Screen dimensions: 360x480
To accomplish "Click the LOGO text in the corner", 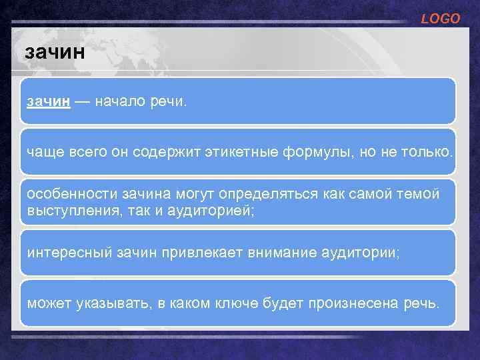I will click(440, 19).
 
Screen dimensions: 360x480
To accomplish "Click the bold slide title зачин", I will click(54, 52).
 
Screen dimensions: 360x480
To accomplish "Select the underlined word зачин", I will click(49, 102).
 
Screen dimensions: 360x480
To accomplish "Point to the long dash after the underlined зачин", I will click(82, 102).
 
